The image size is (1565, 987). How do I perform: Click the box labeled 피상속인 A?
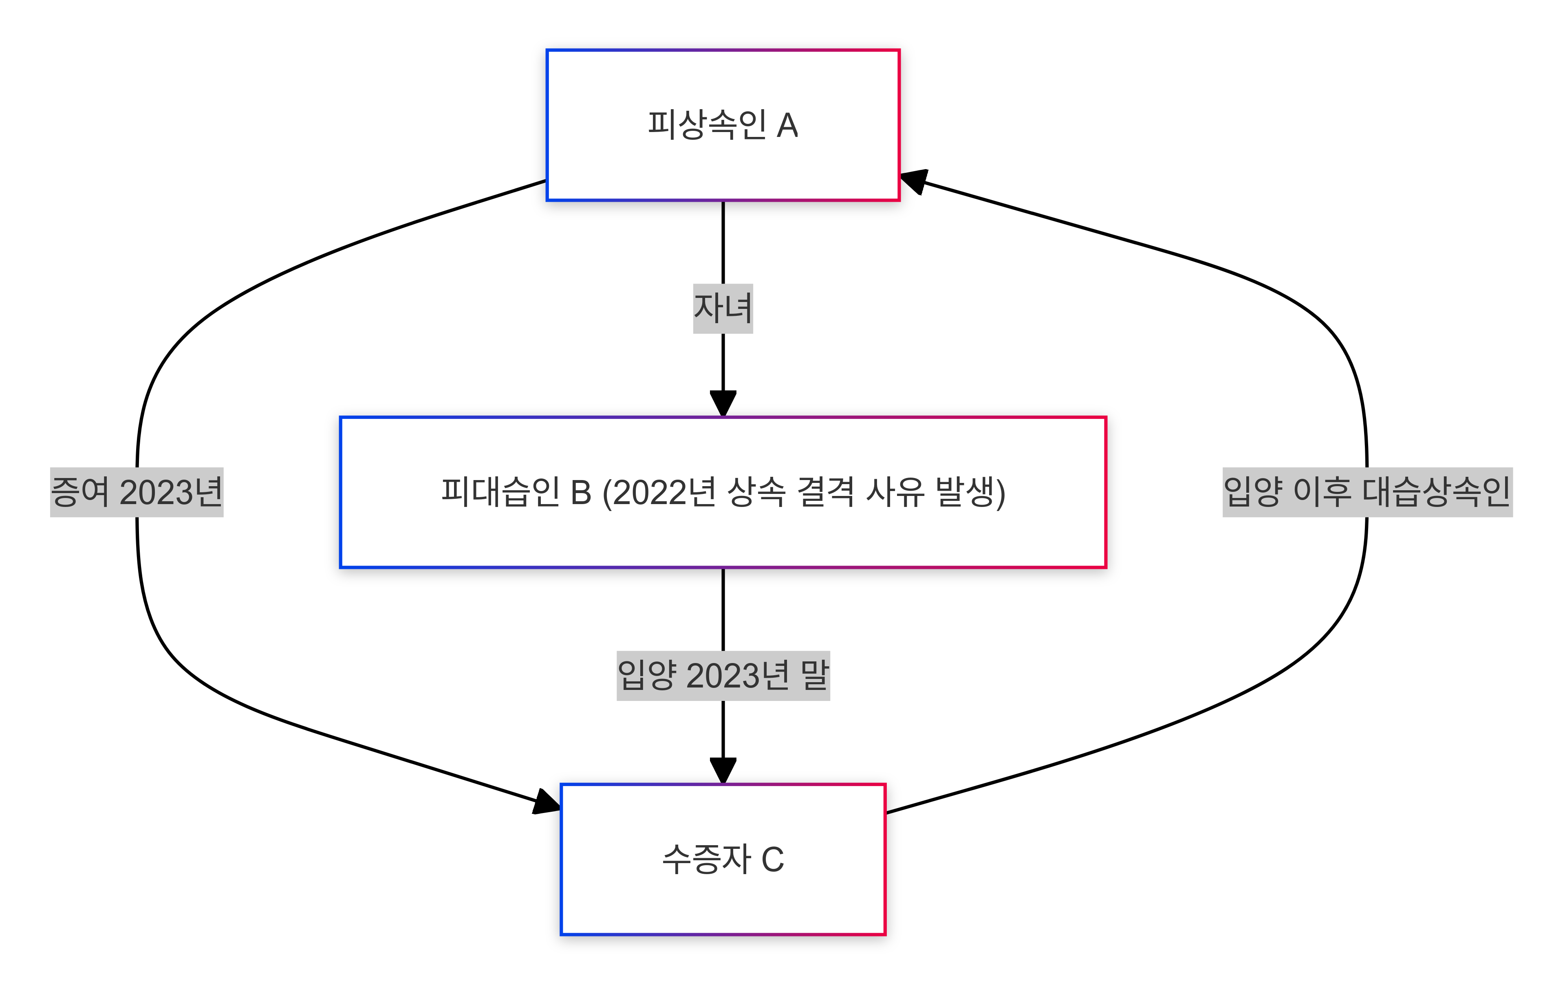tap(723, 125)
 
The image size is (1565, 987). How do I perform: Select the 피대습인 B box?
tap(723, 492)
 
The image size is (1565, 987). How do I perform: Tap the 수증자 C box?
tap(723, 859)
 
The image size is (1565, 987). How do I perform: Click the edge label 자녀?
tap(723, 308)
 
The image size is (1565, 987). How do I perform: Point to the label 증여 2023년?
tap(137, 492)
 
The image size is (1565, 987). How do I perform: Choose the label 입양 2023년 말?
tap(723, 675)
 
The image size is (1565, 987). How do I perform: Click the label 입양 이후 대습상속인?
tap(1367, 492)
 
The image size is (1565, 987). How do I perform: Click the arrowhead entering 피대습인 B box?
tap(723, 403)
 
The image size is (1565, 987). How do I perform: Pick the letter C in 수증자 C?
tap(773, 859)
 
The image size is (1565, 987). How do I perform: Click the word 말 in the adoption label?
tap(815, 675)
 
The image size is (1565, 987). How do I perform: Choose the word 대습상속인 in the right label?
tap(1436, 492)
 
